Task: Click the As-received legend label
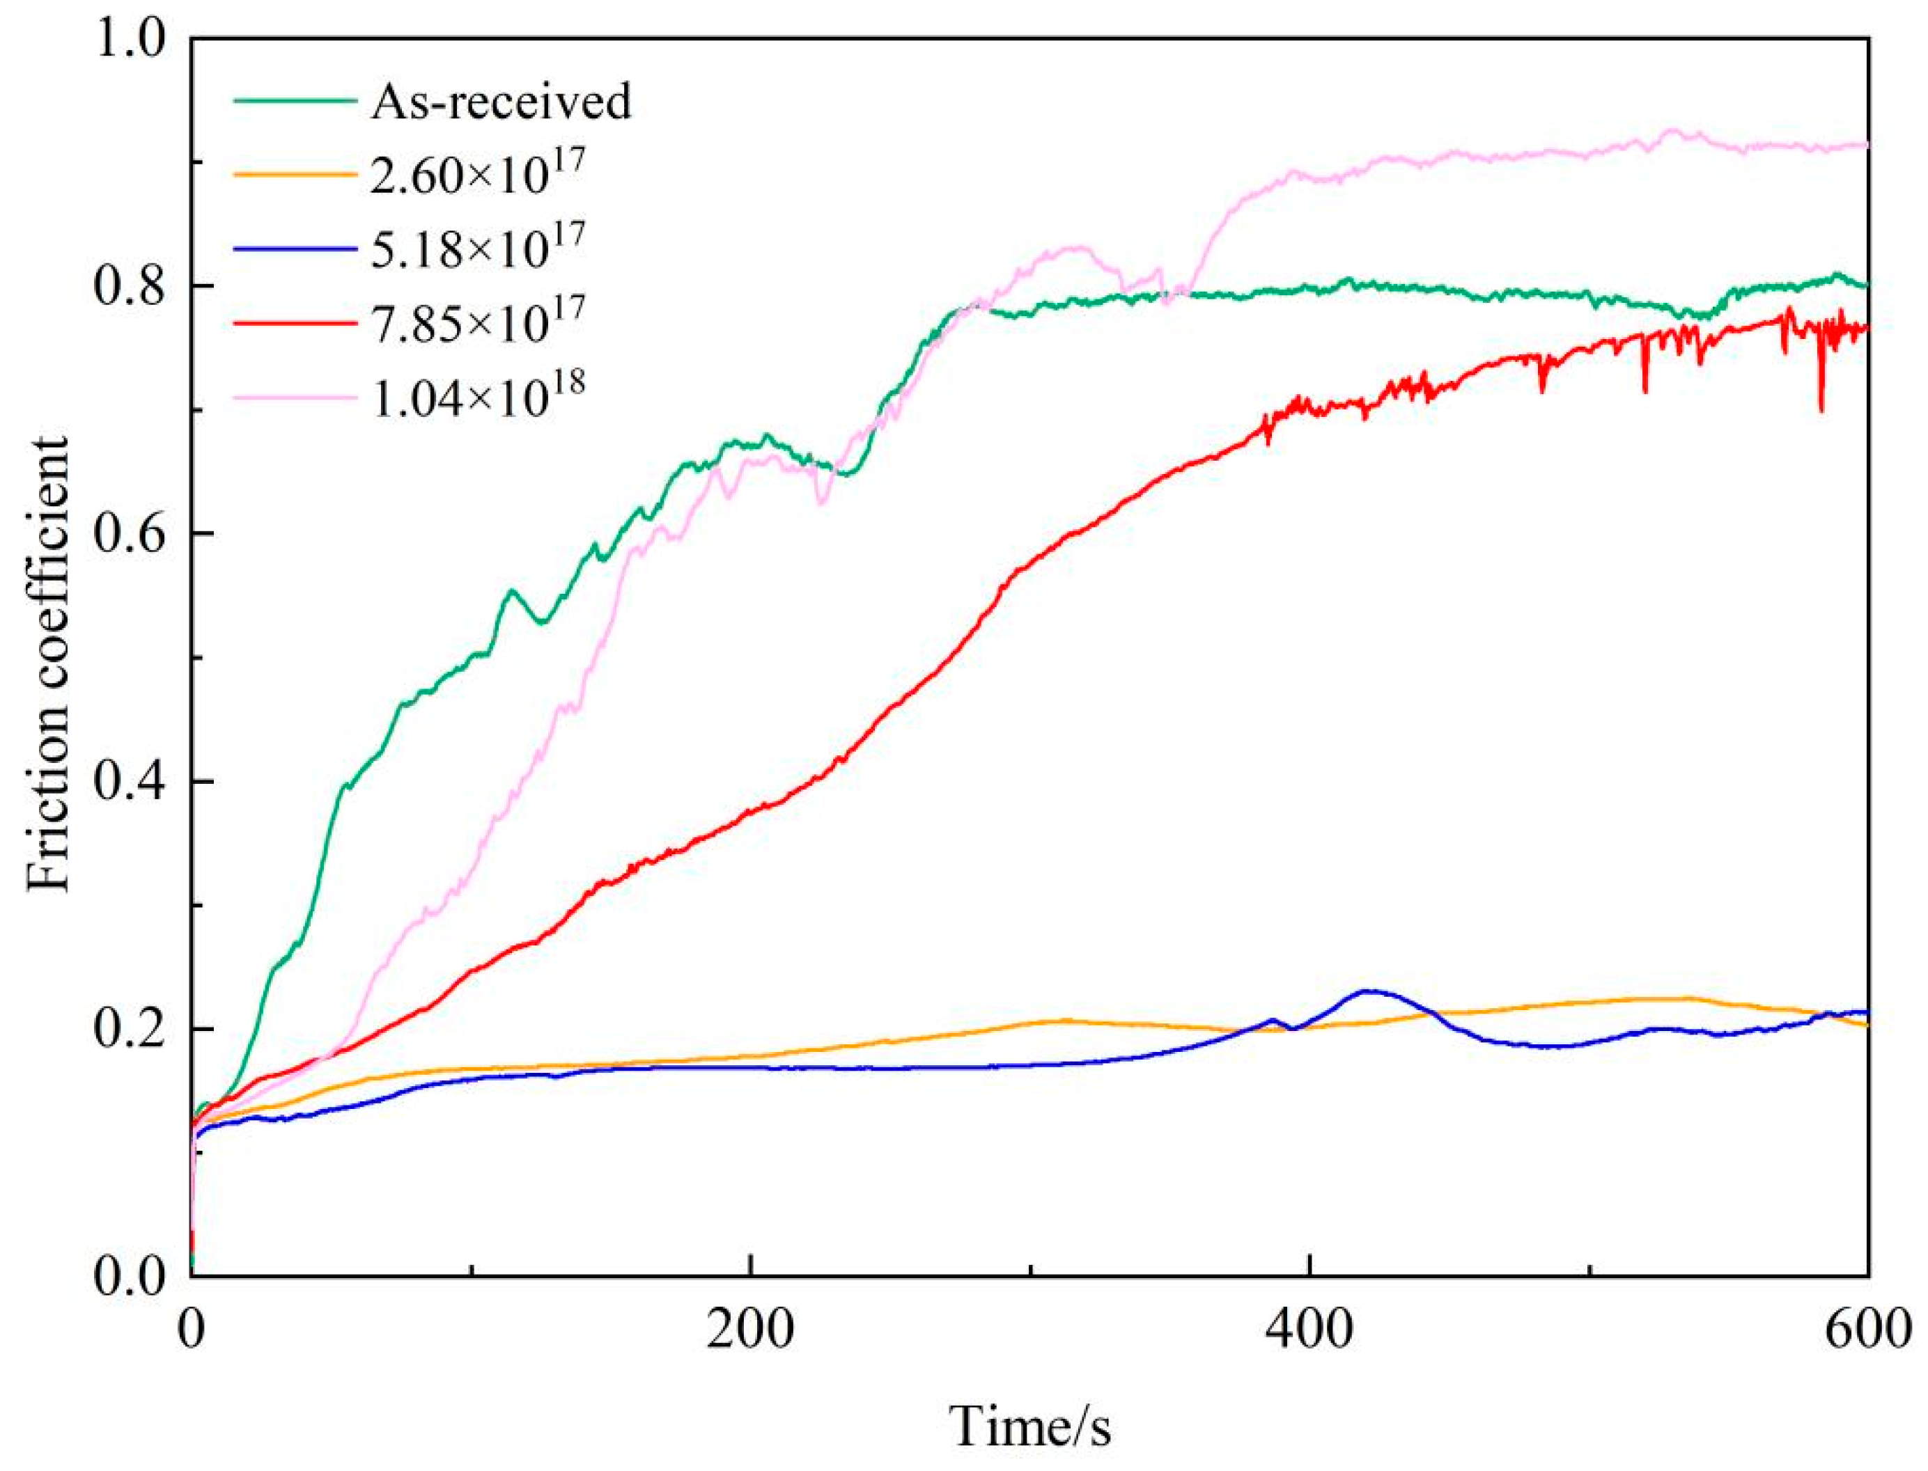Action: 500,102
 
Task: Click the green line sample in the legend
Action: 295,101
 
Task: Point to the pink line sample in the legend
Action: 295,397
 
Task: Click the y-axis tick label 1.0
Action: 132,40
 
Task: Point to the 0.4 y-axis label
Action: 132,781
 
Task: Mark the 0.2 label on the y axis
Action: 132,1029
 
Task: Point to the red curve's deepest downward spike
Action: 1821,411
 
